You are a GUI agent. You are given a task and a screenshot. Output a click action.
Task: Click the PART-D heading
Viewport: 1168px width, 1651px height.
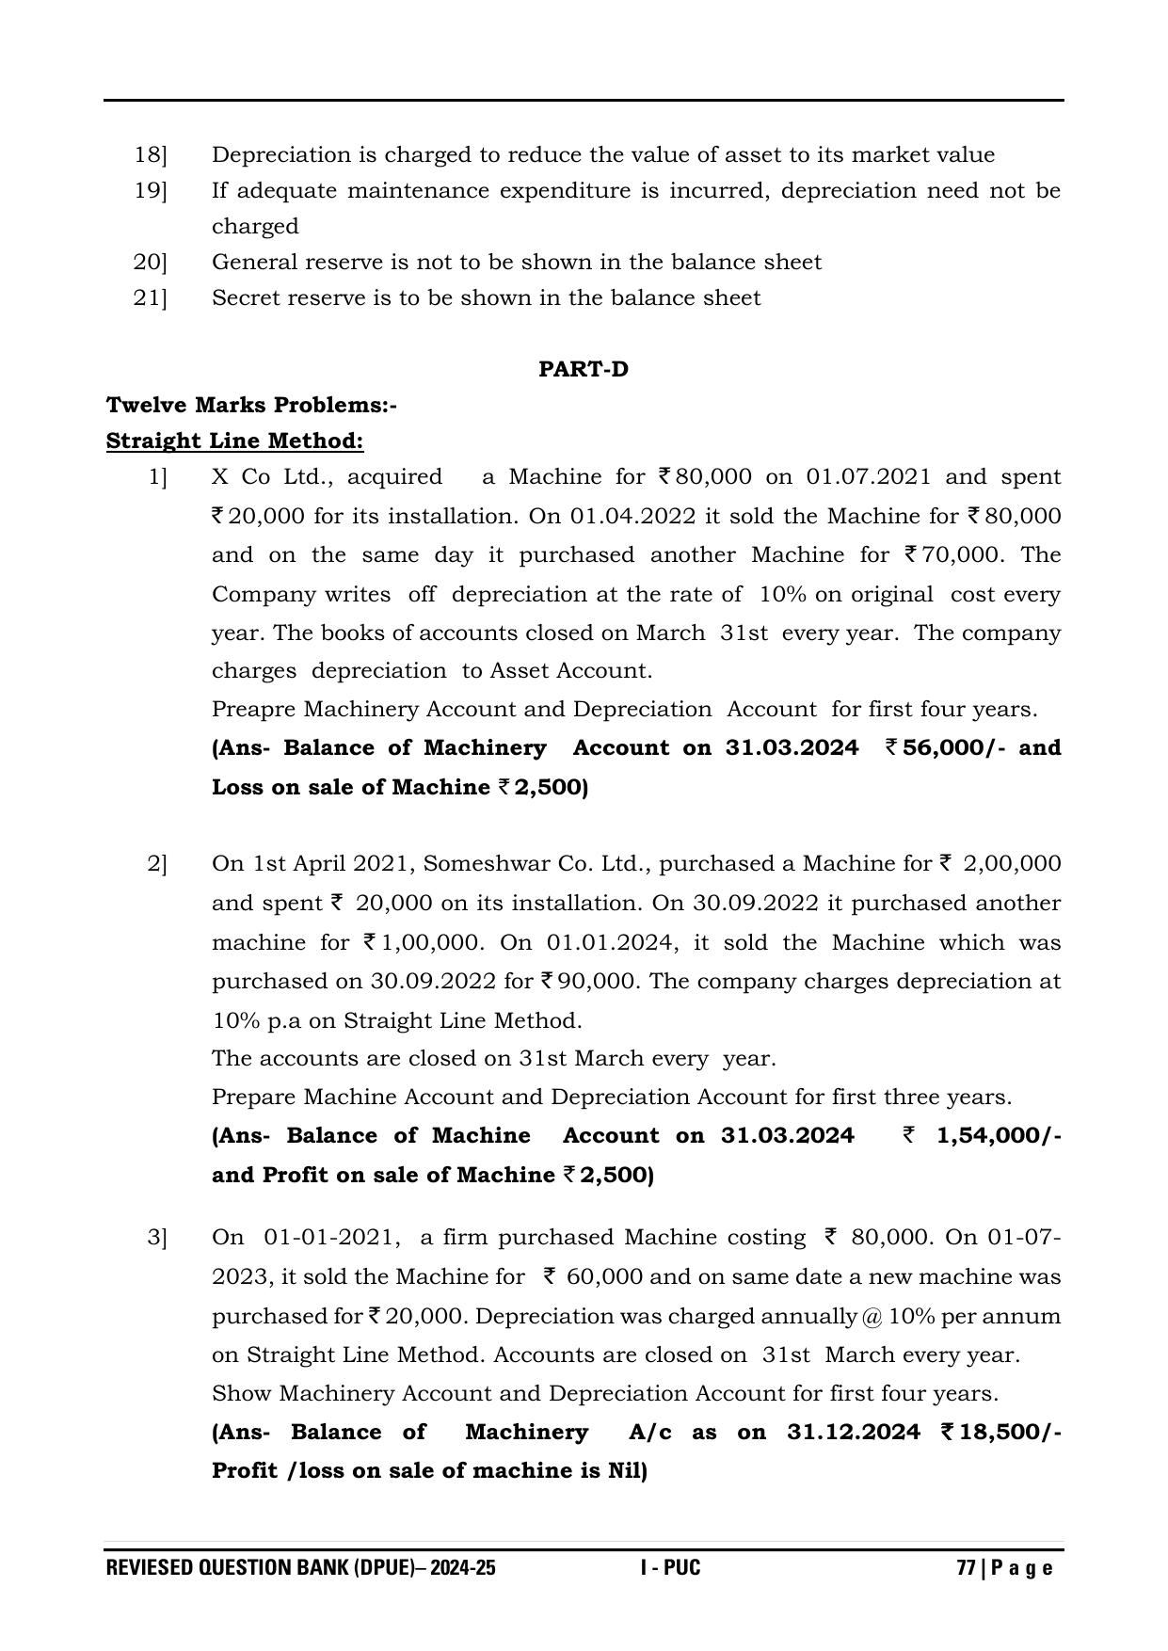583,369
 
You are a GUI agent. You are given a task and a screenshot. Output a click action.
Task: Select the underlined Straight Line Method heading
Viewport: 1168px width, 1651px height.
234,441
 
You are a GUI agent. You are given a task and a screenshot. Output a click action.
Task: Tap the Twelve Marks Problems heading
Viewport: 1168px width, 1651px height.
251,405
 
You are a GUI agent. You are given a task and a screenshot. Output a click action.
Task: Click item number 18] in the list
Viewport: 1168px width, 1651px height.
150,154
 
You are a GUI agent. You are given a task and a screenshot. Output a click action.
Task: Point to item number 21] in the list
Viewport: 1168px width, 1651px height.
150,297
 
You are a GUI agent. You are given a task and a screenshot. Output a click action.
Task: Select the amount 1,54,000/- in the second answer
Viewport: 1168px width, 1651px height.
999,1135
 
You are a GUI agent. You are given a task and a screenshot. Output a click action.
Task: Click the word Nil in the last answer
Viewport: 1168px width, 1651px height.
622,1470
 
